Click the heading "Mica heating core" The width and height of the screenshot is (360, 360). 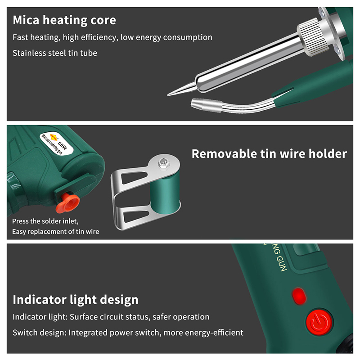(x=64, y=20)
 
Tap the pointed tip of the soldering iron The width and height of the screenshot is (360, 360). (x=168, y=94)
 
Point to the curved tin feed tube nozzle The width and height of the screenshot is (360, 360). (x=206, y=105)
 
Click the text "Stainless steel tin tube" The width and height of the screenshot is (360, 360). (x=54, y=53)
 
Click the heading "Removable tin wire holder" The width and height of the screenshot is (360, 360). (x=269, y=153)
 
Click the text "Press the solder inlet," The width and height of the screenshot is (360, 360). (x=45, y=221)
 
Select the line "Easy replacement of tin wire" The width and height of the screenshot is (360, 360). (x=55, y=231)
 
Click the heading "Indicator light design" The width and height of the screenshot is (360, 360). (x=76, y=300)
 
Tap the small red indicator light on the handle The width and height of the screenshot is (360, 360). (x=299, y=296)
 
